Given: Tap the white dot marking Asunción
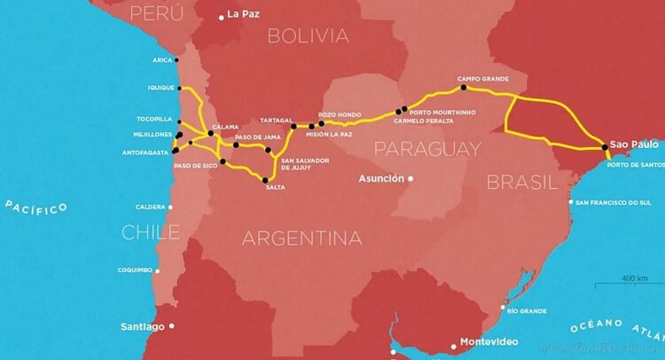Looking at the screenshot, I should tap(410, 178).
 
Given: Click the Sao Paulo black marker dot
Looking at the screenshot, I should tap(604, 147).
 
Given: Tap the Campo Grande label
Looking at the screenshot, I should tap(482, 78).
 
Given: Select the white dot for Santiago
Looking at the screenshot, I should tap(172, 326).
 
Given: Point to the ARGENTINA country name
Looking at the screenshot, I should tap(301, 238).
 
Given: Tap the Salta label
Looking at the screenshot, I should tap(275, 187).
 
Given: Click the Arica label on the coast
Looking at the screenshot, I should tap(161, 60).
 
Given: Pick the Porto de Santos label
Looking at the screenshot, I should tap(636, 165).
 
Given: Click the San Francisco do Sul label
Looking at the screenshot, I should tap(620, 203).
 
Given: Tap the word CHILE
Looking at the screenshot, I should tap(151, 232).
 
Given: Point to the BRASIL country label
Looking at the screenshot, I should tap(522, 183).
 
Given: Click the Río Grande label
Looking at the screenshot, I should tap(527, 311).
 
